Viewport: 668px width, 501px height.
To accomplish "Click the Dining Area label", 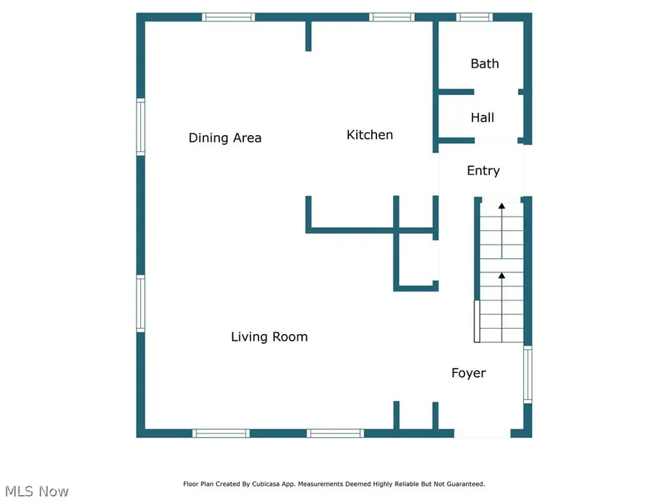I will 225,138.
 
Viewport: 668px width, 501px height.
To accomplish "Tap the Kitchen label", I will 370,135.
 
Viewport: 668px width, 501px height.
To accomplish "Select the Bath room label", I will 485,64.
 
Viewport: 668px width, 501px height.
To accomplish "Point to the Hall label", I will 482,117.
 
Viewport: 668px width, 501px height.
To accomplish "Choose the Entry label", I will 483,171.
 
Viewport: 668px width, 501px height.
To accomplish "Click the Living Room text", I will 269,337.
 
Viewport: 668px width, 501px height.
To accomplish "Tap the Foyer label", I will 468,373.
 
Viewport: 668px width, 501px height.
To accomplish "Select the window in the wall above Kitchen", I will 391,16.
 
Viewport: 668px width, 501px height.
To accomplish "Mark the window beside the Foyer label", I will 528,375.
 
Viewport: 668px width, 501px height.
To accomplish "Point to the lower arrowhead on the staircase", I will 502,275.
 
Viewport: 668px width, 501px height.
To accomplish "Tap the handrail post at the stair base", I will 477,321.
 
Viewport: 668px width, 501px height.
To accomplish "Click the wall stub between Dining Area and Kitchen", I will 308,36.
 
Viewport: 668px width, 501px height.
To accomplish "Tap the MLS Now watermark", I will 37,491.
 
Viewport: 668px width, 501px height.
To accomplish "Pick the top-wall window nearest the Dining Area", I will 229,16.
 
